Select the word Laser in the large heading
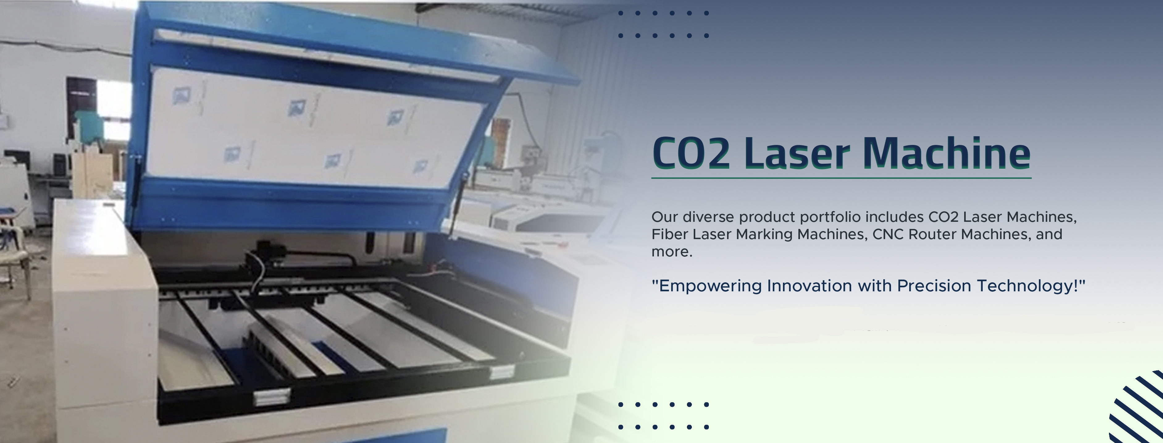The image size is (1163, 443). coord(797,153)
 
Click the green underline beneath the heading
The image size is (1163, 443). coord(842,178)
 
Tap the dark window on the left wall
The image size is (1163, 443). coord(81,100)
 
